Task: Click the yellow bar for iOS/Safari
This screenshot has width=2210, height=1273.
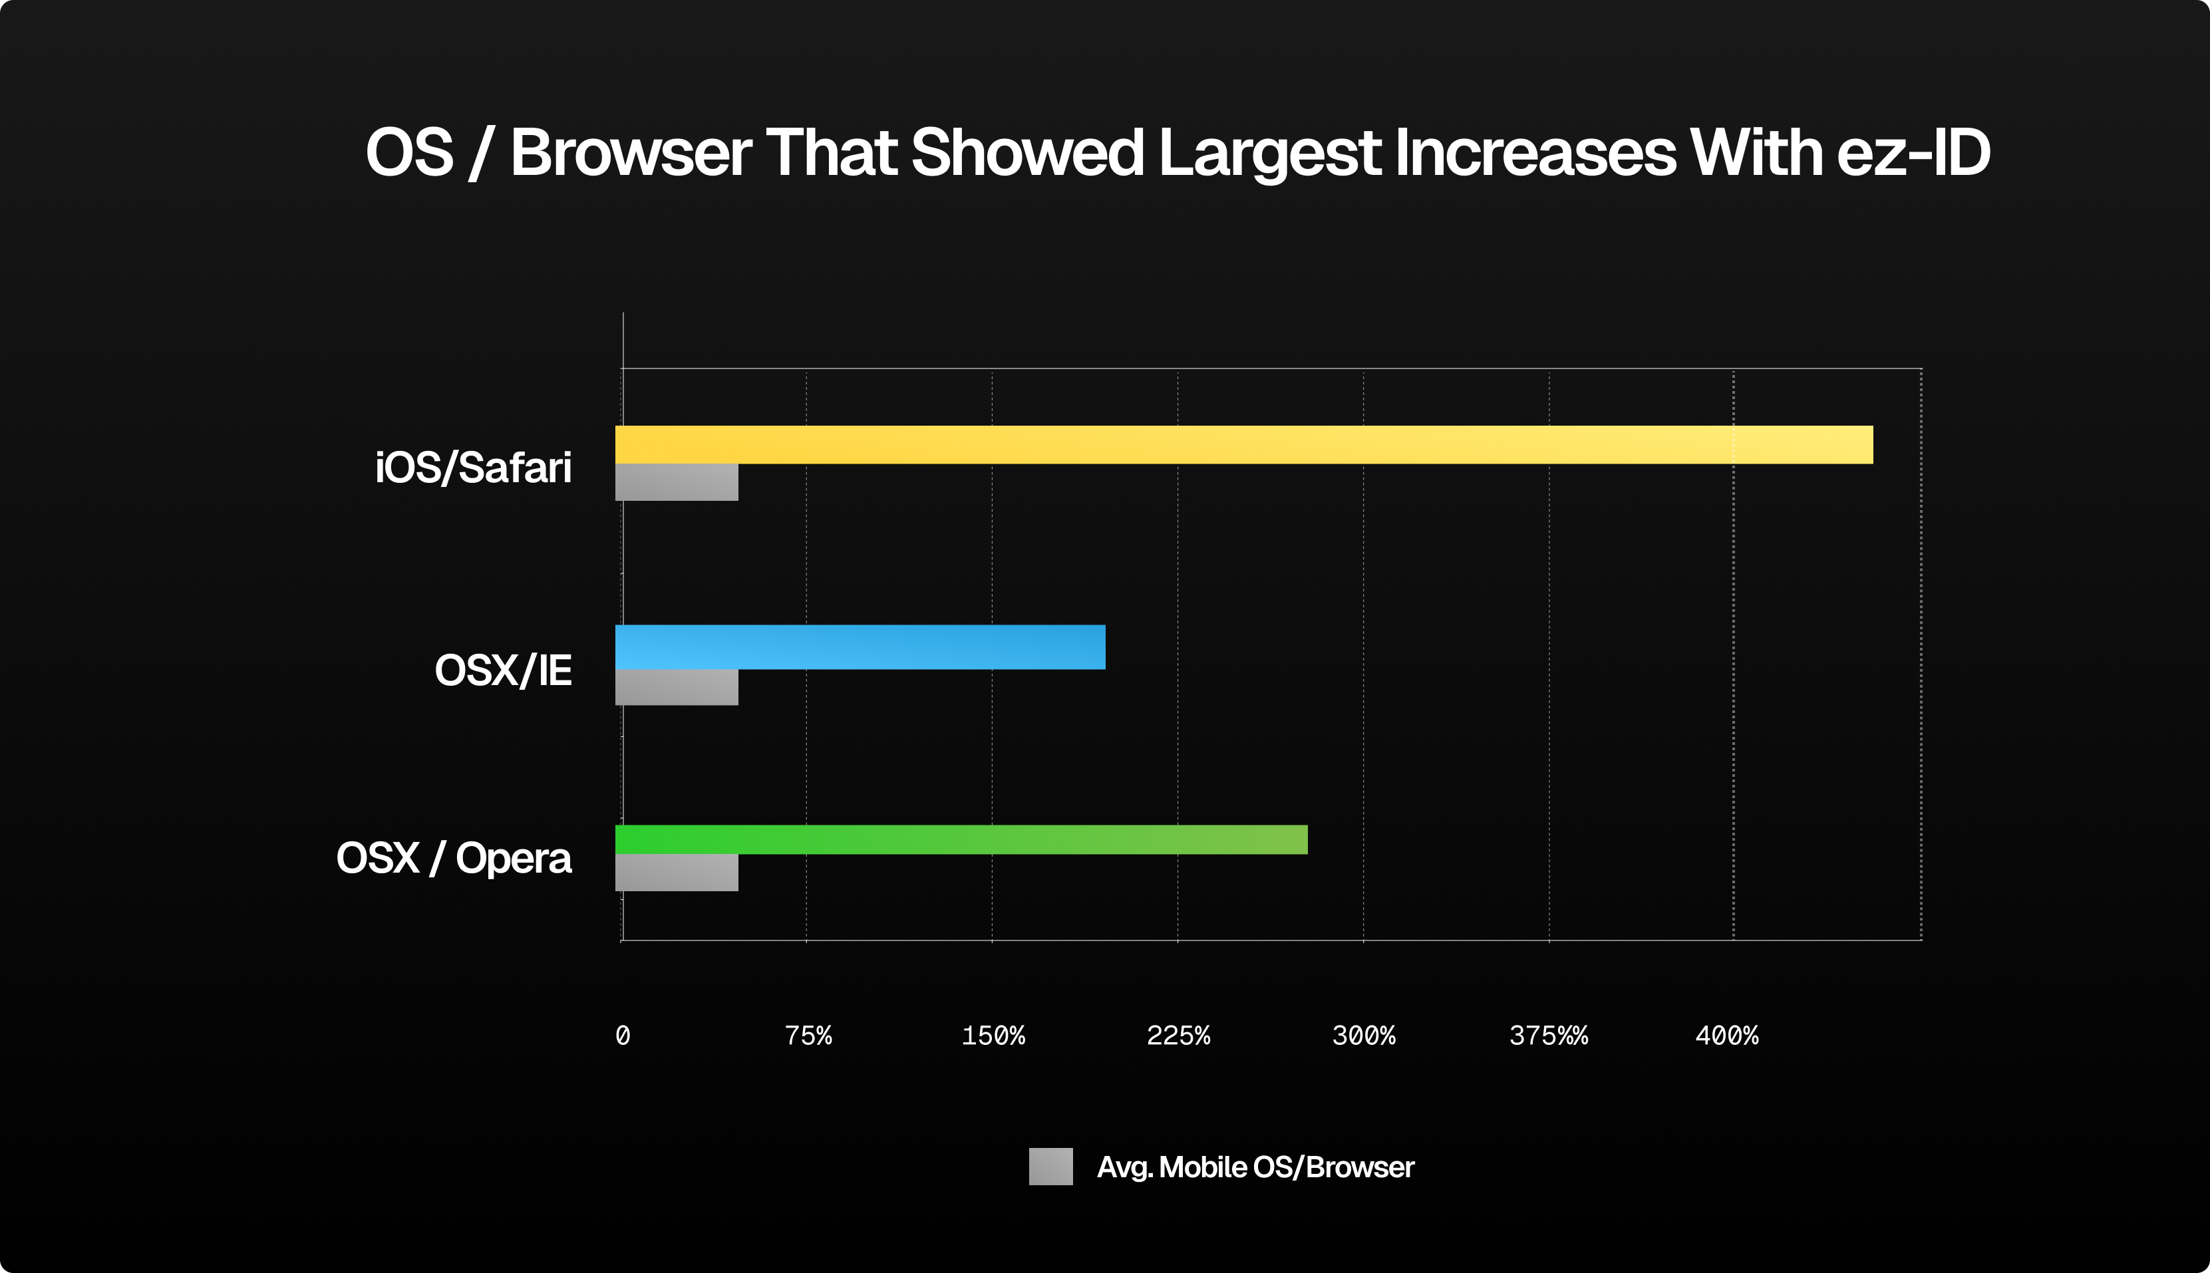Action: pos(1243,444)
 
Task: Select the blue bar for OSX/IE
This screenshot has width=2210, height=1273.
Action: pos(860,647)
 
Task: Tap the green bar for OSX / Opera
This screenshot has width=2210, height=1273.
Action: pos(961,839)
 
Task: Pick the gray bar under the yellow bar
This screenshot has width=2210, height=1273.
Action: pos(676,482)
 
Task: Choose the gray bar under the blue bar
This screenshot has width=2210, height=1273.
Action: pos(676,687)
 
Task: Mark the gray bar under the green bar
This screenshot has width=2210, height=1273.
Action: pos(676,873)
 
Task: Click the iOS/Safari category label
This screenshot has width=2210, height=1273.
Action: pos(473,468)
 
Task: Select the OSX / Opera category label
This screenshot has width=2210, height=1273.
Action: pos(454,859)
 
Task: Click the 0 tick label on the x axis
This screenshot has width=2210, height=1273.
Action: pos(623,1036)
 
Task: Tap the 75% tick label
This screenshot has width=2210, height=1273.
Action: pos(808,1036)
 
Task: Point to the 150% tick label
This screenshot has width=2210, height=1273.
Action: pos(993,1036)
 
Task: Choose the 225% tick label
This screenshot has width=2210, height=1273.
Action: pos(1178,1036)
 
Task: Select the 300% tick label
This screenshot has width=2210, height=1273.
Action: pos(1363,1036)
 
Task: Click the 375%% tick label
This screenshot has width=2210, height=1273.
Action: pos(1548,1036)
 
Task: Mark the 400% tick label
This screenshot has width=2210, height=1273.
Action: pos(1726,1036)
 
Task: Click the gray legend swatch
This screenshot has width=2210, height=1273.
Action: pos(1050,1167)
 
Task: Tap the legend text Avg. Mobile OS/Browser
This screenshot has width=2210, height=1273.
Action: pos(1255,1167)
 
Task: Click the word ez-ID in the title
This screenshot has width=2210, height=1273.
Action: pos(1913,153)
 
